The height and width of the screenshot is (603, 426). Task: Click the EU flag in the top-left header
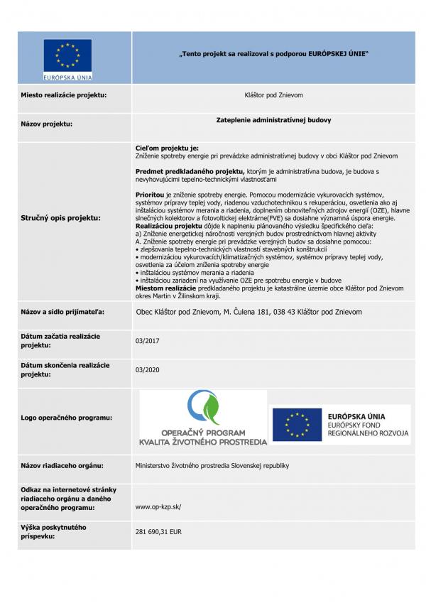coord(67,54)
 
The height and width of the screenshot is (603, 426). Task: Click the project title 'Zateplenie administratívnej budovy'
coord(273,120)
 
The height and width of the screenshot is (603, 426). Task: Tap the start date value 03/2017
coord(147,341)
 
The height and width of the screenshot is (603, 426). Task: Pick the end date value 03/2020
coord(147,370)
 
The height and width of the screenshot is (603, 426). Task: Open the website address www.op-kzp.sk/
coord(158,506)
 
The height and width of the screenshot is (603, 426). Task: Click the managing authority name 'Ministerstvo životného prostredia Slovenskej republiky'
coord(212,466)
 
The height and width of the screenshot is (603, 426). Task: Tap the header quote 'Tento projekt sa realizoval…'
coord(273,54)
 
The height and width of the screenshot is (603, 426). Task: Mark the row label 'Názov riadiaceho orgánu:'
coord(62,466)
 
